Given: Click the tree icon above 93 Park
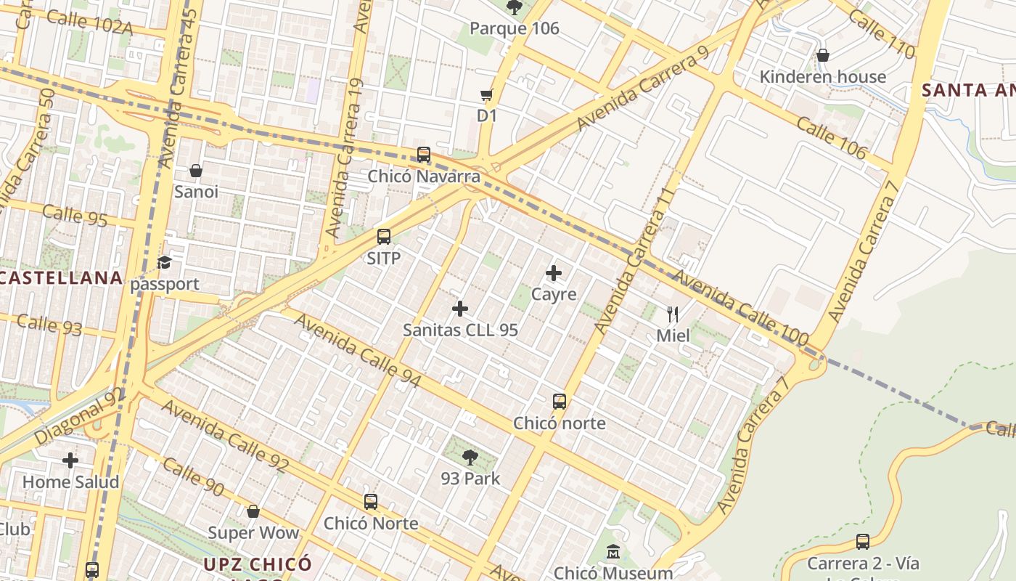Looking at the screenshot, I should [470, 458].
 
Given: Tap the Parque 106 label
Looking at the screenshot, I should [515, 28].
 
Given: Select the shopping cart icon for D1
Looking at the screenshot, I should [487, 95].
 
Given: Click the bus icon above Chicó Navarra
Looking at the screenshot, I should [424, 155].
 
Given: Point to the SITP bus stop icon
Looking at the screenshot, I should [384, 237].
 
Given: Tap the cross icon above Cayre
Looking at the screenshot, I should [554, 273].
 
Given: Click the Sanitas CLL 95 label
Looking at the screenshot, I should [460, 330].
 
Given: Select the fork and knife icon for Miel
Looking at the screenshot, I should [673, 314].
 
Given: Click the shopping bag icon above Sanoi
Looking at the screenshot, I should [196, 171].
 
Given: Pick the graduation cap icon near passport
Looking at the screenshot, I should [165, 262].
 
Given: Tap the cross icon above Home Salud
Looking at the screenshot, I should [70, 460].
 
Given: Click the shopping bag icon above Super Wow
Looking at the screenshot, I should [253, 511].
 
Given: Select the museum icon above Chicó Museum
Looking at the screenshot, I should [613, 553].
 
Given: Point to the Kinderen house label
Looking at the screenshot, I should [822, 77].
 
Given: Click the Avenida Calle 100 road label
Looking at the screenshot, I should [740, 308].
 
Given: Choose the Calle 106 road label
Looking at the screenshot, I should [831, 137].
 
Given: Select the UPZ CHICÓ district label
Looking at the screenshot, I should [258, 564].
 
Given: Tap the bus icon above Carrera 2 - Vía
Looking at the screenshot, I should [863, 542].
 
